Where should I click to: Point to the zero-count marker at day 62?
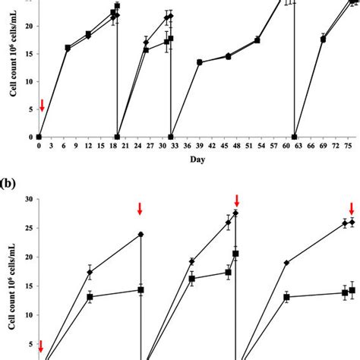(295, 137)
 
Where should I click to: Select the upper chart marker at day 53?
(257, 39)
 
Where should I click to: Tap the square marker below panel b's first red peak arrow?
(141, 290)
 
